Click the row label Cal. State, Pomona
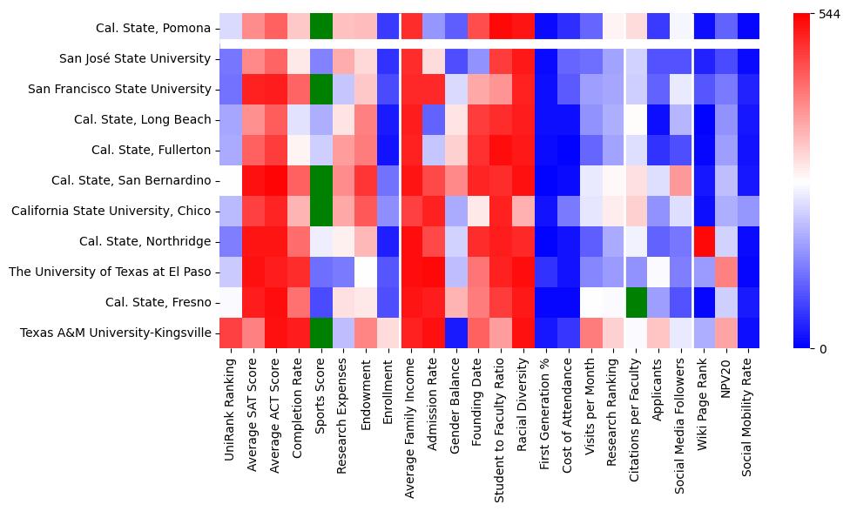click(153, 28)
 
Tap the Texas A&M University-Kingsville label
click(115, 333)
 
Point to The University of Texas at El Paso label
click(110, 272)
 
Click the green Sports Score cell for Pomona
click(321, 28)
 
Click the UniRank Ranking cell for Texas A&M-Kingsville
click(231, 333)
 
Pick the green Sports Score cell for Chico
click(321, 211)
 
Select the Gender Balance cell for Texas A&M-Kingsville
click(456, 333)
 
